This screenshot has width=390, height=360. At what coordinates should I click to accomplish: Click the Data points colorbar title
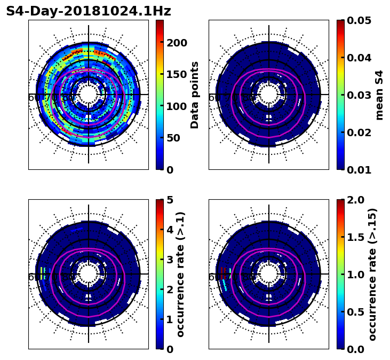(195, 95)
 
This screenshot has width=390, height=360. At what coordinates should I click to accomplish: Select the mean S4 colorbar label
(379, 95)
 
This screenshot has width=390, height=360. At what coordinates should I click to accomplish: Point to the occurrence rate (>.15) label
(372, 274)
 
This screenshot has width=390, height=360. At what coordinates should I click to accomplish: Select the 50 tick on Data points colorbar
(173, 138)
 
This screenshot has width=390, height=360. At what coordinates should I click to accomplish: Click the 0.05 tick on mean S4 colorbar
(359, 20)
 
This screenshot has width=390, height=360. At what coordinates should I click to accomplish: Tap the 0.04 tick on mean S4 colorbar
(359, 58)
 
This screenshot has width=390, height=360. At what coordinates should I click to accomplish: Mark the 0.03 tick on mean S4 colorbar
(359, 95)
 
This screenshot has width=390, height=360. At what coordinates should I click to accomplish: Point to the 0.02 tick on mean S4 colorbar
(359, 132)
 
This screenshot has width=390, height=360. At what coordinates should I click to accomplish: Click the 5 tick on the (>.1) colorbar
(170, 200)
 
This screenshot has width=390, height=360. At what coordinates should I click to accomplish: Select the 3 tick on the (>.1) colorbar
(170, 260)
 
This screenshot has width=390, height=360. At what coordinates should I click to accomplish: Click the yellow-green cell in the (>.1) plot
(42, 273)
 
